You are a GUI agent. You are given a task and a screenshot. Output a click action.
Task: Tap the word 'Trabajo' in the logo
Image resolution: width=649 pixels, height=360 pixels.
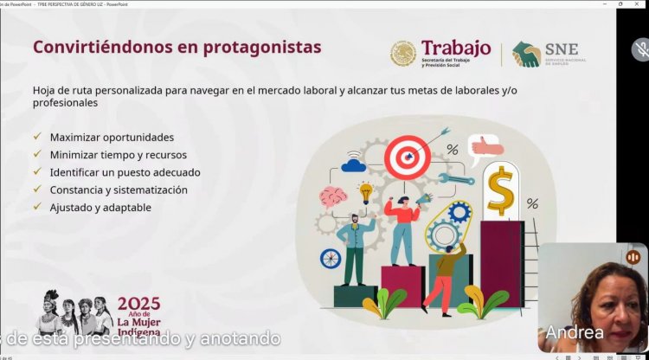tap(456, 48)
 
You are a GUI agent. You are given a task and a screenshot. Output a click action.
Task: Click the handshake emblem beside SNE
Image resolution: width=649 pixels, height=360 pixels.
tap(526, 55)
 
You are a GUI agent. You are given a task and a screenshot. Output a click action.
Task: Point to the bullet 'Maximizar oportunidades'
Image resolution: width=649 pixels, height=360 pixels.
tap(112, 137)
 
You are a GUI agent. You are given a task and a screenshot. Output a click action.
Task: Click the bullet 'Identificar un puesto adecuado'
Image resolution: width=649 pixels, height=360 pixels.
tap(131, 171)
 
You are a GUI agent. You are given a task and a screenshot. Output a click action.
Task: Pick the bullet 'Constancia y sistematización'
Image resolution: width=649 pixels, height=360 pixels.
tap(119, 190)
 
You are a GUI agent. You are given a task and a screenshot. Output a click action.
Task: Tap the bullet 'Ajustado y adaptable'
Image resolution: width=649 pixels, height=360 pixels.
tap(100, 208)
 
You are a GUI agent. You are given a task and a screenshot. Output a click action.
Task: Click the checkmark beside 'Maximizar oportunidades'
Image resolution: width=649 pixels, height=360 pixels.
tap(36, 137)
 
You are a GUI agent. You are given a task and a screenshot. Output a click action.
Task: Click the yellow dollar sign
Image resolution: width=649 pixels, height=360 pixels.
tap(500, 190)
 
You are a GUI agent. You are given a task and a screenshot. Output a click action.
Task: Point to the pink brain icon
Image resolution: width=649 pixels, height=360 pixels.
tap(334, 196)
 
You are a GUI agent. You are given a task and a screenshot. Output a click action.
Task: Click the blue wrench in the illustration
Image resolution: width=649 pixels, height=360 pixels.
tap(455, 179)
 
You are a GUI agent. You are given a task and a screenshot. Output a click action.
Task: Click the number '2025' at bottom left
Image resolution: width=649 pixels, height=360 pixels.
tap(139, 304)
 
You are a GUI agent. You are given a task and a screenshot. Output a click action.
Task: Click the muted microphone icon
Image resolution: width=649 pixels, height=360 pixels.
tap(640, 49)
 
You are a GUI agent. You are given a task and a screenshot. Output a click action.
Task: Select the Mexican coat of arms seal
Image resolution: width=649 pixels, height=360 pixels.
tap(402, 55)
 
